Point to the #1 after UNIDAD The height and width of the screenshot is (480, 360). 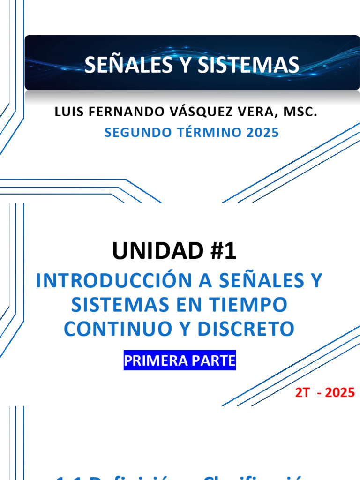pyautogui.click(x=224, y=252)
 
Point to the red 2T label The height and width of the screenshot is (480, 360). pyautogui.click(x=302, y=392)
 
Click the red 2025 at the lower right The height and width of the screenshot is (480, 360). pyautogui.click(x=340, y=392)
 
